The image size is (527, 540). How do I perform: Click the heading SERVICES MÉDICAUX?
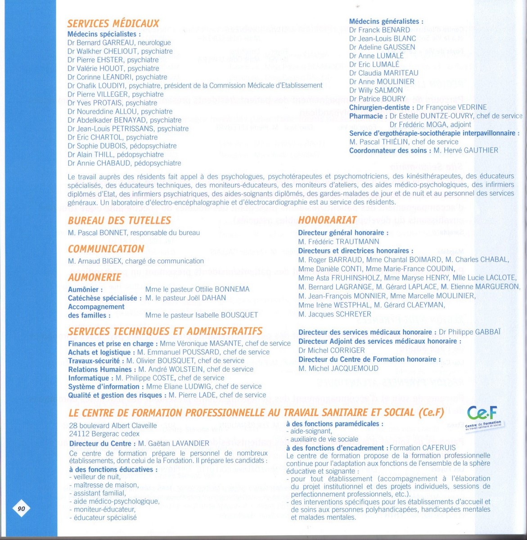click(113, 23)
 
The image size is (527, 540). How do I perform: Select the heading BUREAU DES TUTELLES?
click(119, 220)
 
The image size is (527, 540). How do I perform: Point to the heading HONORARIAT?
click(327, 220)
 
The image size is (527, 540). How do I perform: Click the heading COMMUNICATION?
click(106, 249)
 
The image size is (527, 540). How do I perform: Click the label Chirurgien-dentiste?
click(379, 108)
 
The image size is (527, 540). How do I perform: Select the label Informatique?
click(89, 378)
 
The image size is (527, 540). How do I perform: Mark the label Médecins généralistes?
click(386, 21)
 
